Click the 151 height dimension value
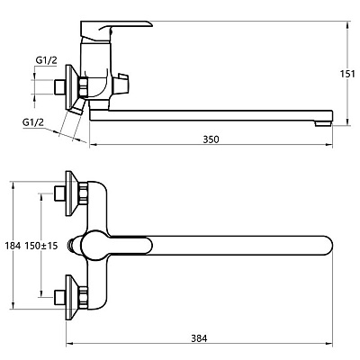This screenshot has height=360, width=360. tap(348, 74)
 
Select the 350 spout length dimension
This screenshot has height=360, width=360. tap(211, 139)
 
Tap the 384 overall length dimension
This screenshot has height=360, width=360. tap(199, 338)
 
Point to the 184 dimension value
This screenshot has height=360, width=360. tap(13, 246)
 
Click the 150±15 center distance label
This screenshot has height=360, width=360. tap(41, 246)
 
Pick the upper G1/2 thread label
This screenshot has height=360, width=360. tap(46, 60)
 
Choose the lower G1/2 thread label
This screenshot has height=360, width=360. tap(33, 122)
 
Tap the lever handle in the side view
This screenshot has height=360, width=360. tap(115, 31)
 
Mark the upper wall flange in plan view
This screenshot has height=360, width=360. tap(73, 193)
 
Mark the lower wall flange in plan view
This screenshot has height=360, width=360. tap(73, 297)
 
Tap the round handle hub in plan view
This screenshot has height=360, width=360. tap(95, 246)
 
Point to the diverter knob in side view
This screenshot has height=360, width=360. tap(123, 83)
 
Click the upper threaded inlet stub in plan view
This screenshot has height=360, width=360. tap(59, 193)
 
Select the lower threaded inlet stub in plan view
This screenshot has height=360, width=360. tap(59, 297)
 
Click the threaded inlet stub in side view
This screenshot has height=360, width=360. tap(59, 87)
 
